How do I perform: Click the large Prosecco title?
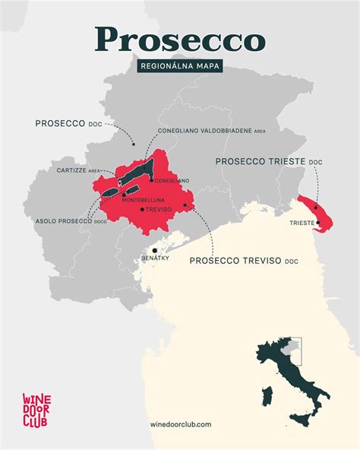coord(180,39)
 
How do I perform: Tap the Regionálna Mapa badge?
coord(179,67)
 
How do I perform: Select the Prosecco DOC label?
coord(68,123)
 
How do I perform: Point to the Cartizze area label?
coord(78,171)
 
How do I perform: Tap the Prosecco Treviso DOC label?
coord(243,261)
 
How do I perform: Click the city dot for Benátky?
coord(154,250)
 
